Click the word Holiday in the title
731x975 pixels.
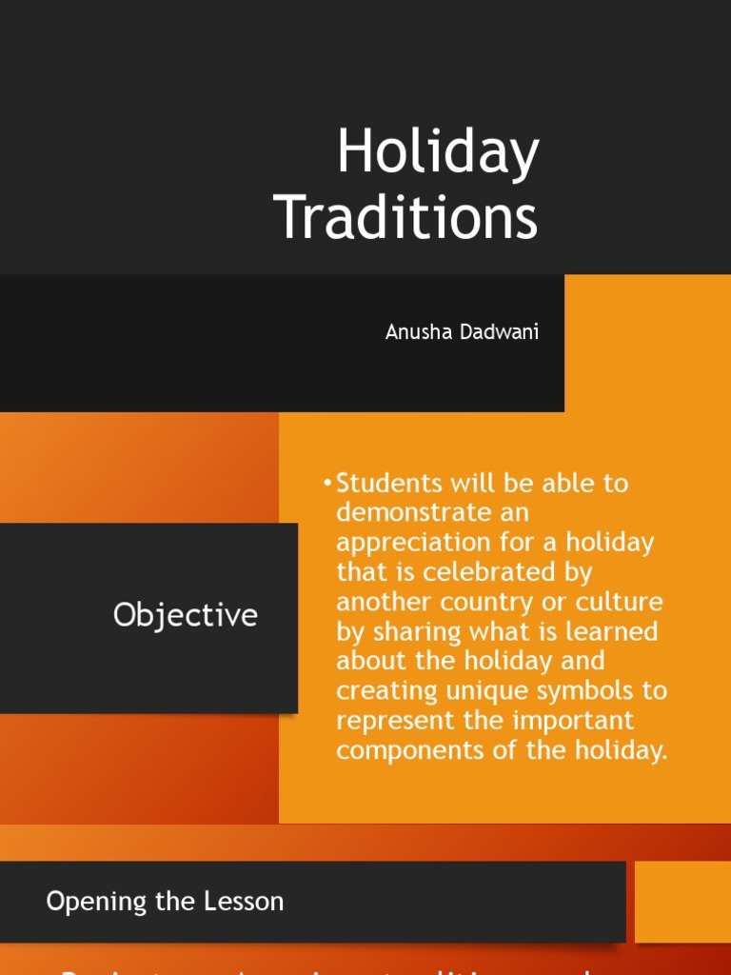438,154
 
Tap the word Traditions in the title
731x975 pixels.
406,217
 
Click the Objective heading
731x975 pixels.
186,615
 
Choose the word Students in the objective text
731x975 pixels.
390,483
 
